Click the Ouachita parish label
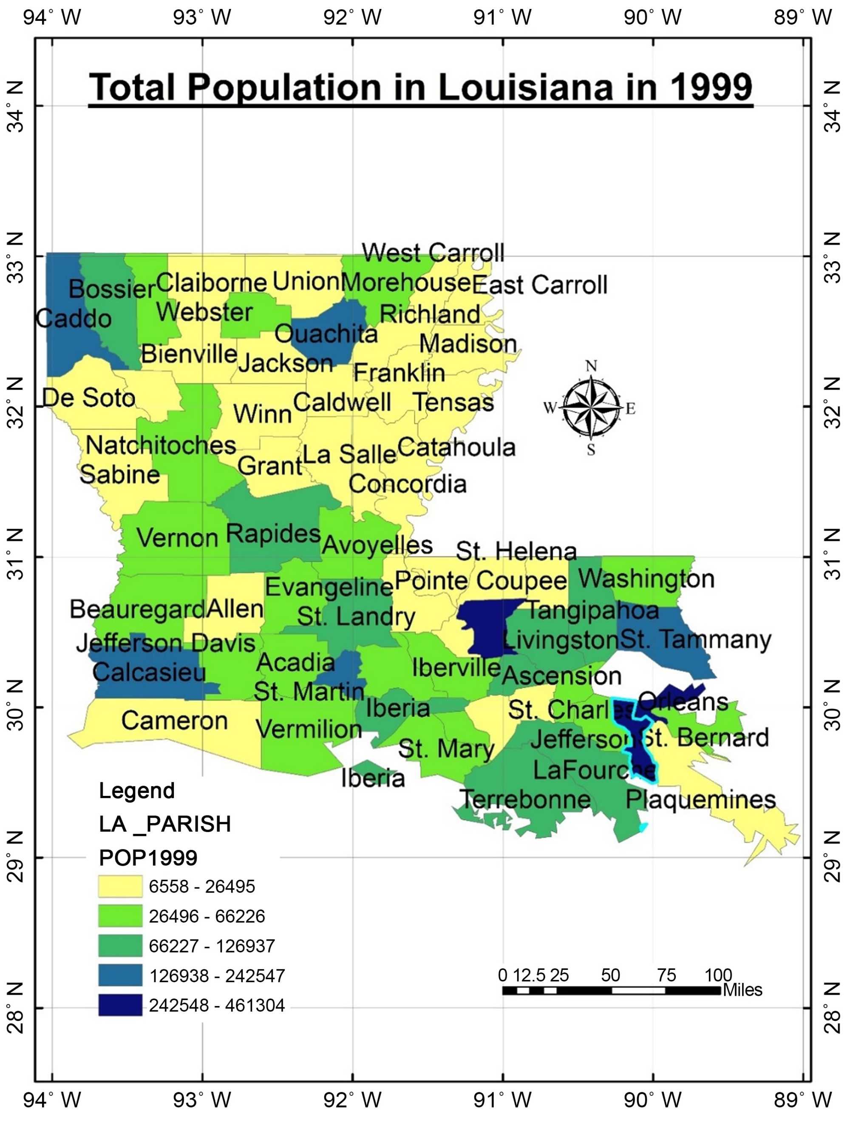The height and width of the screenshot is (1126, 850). pos(326,334)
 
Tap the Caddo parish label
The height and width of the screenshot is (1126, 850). pos(74,319)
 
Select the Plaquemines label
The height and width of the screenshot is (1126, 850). pos(700,800)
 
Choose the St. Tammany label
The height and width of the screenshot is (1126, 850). pos(696,640)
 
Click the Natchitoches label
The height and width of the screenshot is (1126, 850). pos(161,445)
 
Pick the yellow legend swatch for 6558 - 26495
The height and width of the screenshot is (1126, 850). pos(120,886)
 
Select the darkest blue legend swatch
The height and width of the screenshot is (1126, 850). pos(120,1005)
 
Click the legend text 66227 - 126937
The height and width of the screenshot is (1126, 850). pos(212,946)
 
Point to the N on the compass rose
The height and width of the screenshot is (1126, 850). pos(591,366)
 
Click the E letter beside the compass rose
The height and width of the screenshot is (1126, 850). pos(630,409)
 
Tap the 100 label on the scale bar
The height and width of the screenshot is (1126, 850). pos(718,975)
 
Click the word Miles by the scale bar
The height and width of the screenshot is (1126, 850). pos(742,990)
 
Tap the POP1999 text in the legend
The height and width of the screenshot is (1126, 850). pos(148,858)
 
